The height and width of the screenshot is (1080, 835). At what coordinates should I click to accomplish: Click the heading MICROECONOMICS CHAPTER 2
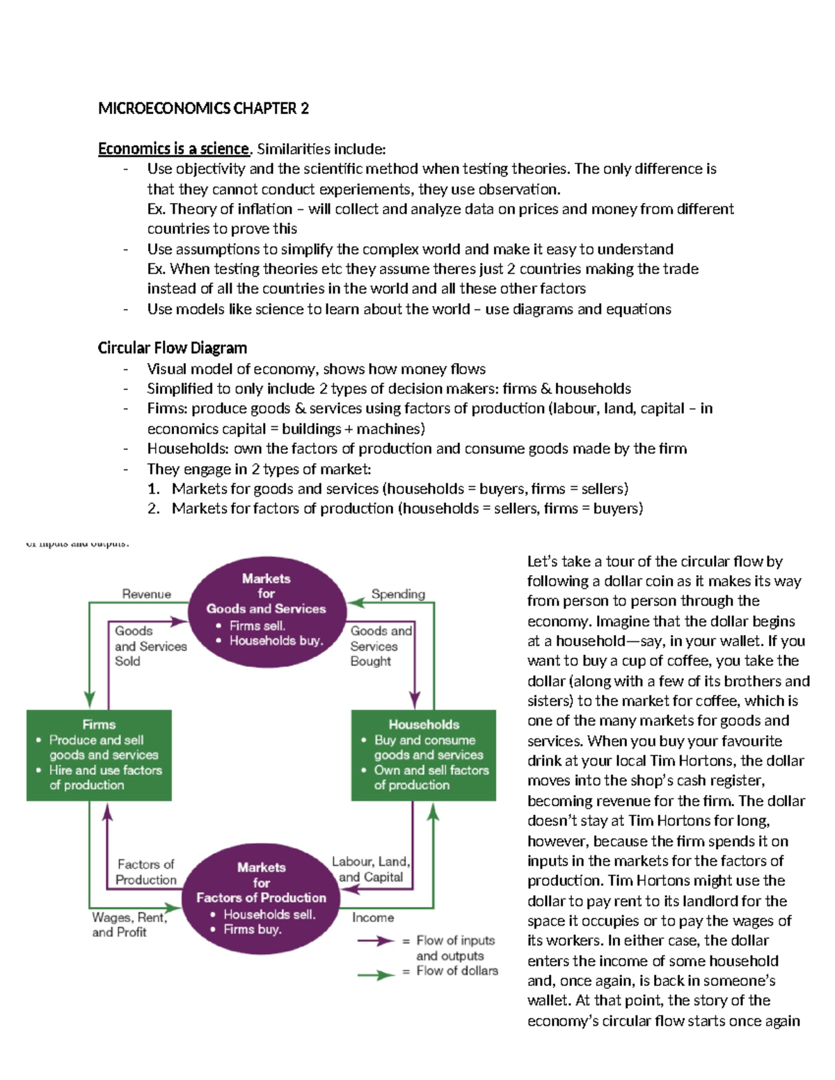point(203,108)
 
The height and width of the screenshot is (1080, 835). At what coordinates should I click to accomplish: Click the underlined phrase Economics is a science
point(173,149)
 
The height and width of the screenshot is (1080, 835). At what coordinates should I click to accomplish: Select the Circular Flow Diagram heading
point(172,348)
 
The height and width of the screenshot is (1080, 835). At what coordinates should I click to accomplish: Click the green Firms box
point(99,755)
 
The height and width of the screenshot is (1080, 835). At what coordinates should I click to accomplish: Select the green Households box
point(423,755)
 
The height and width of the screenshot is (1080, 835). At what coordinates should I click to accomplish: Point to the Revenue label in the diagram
point(146,594)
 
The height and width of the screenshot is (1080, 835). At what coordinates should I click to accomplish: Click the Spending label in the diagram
point(398,594)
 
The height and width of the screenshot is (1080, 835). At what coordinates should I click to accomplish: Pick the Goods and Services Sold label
point(149,646)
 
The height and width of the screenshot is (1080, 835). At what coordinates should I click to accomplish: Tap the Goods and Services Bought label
point(380,646)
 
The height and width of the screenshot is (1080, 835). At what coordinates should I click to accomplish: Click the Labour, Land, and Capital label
point(370,869)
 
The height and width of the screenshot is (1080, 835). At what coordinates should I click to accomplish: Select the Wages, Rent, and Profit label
point(128,925)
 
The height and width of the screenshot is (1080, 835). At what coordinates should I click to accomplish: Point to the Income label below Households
point(373,918)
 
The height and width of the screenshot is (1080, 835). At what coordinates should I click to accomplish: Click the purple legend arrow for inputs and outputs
point(376,941)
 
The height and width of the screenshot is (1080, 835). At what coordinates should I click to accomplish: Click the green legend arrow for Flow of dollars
point(376,975)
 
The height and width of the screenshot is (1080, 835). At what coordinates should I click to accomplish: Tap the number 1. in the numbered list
point(154,489)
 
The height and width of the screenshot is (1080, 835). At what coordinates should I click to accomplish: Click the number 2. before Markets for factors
point(154,509)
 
